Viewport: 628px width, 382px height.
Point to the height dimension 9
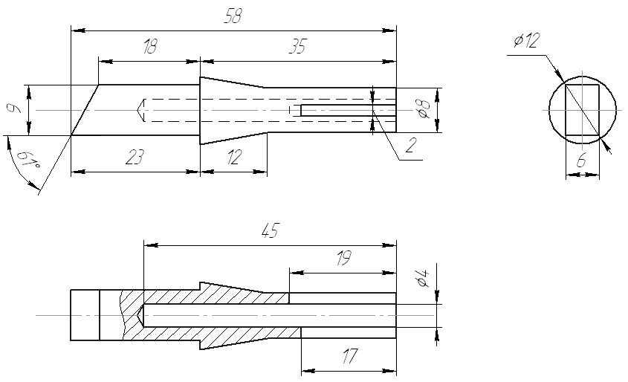13,110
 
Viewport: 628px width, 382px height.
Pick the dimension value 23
135,158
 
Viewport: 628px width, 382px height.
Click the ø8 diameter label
422,111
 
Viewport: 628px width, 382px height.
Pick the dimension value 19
343,258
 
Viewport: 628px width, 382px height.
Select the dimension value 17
349,357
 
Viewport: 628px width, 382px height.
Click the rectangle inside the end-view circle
583,110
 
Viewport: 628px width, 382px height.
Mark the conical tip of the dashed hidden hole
141,110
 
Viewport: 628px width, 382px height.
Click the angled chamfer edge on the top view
85,110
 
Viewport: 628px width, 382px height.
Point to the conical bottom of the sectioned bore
141,315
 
